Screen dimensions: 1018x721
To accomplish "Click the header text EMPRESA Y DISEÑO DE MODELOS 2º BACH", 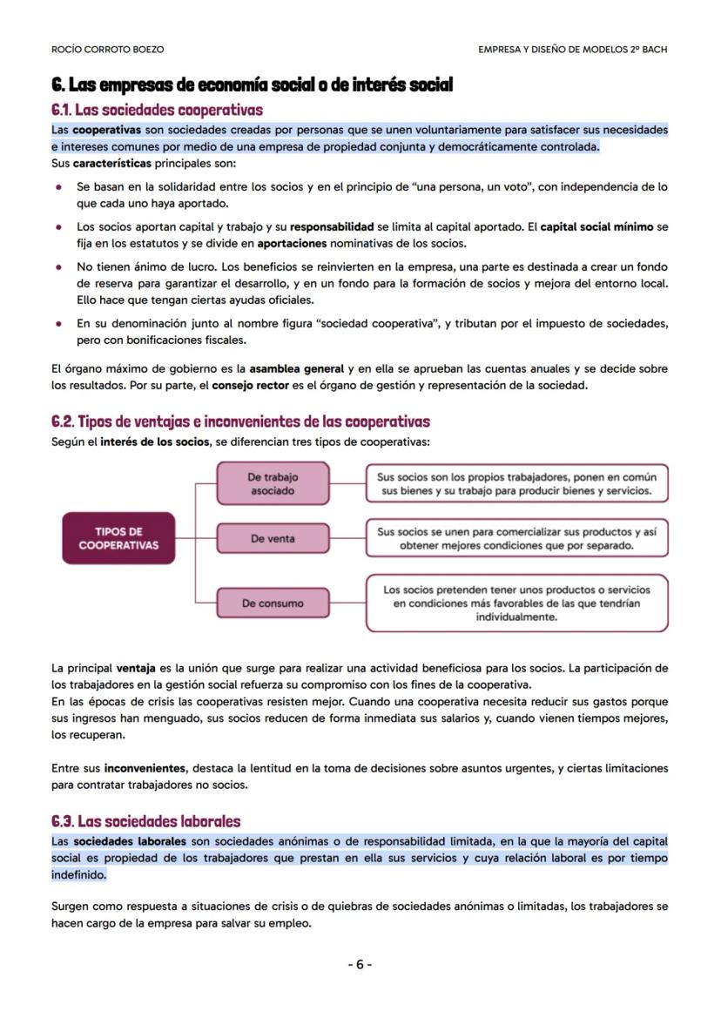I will point(572,50).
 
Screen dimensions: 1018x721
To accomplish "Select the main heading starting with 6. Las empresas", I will point(252,85).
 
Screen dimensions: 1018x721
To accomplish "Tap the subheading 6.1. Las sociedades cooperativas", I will point(158,111).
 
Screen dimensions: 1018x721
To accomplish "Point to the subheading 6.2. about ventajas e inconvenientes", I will point(240,421).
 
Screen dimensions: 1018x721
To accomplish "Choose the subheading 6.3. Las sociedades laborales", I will point(145,821).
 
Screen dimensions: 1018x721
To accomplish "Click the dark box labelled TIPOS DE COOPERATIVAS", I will point(118,539).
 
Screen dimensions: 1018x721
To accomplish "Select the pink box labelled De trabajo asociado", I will point(273,484).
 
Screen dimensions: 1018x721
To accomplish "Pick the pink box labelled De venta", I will point(273,539).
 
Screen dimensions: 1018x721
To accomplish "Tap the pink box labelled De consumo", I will point(273,603).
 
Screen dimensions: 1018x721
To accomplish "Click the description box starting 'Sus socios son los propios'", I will point(516,484).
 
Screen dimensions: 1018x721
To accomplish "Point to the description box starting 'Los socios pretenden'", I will point(516,603).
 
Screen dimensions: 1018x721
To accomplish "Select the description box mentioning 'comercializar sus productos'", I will point(516,539).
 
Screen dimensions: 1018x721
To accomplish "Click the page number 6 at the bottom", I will point(360,965).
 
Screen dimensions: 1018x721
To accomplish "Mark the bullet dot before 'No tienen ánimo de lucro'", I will point(58,267).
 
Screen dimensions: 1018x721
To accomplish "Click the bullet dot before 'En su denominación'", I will point(58,324).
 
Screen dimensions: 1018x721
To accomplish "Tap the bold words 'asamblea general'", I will point(296,369).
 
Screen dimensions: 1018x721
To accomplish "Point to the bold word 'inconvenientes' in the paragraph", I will point(145,769).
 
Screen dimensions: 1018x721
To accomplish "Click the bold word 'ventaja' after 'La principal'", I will point(135,669).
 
